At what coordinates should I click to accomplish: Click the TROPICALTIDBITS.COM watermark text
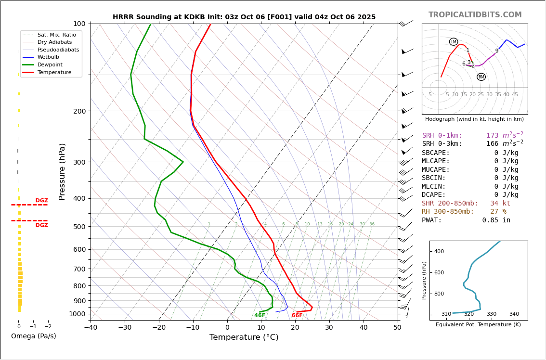(475, 15)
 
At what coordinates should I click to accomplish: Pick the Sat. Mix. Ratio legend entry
(56, 35)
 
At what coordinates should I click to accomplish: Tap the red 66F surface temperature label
(297, 316)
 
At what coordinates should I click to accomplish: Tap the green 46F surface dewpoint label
(260, 316)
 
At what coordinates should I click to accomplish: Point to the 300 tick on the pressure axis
(78, 162)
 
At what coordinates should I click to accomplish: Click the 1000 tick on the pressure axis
(77, 314)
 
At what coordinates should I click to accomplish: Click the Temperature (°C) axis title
(244, 337)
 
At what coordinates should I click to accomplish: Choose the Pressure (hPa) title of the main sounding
(63, 171)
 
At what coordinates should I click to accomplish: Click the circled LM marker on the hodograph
(454, 42)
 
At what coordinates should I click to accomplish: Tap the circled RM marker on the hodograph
(481, 77)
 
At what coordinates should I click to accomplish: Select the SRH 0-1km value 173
(492, 136)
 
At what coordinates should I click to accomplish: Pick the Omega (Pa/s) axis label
(34, 336)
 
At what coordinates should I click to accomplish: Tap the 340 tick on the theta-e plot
(514, 314)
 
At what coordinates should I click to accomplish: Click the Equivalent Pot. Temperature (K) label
(478, 325)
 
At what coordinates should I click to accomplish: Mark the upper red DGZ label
(42, 201)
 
